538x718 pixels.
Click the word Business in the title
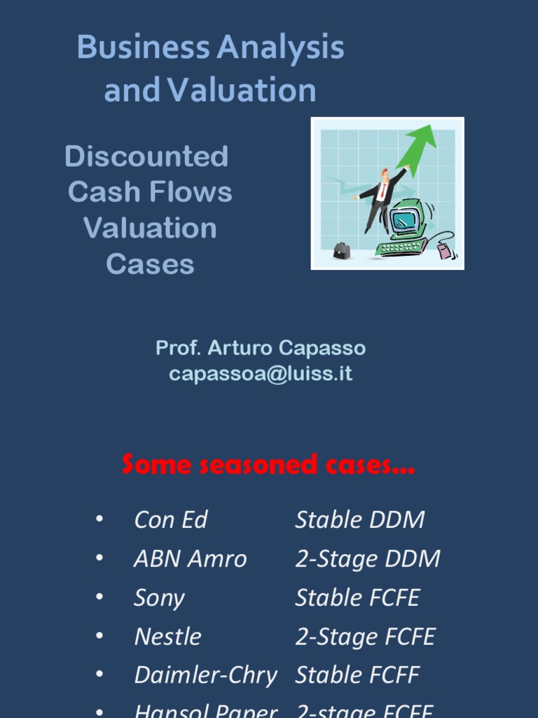coord(142,48)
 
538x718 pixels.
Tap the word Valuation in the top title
coord(242,90)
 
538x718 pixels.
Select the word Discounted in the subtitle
coord(146,156)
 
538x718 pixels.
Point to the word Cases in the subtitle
coord(150,264)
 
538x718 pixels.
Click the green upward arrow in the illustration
coord(418,147)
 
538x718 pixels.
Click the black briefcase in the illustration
coord(341,250)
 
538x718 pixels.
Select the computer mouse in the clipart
coord(444,250)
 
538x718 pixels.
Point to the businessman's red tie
coord(382,191)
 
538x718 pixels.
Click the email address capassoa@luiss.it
coord(261,374)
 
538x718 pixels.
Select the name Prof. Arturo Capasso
coord(261,348)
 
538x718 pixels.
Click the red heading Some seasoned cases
coord(268,464)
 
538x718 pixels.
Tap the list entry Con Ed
coord(171,520)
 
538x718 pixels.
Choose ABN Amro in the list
coord(190,559)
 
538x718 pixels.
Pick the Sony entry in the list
coord(159,598)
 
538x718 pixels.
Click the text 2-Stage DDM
coord(368,559)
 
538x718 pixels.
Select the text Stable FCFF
coord(357,675)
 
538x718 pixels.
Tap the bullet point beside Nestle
coord(99,636)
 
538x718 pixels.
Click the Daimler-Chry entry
coord(205,675)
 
